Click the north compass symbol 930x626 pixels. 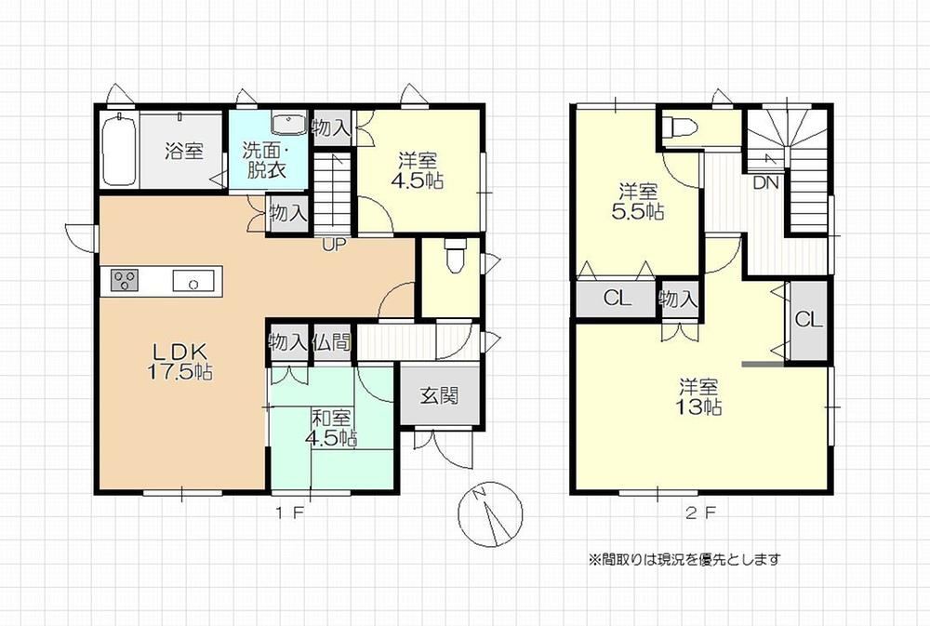[490, 513]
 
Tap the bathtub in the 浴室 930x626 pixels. [119, 150]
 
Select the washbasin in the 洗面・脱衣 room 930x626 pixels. [288, 124]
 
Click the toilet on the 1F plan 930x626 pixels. [455, 255]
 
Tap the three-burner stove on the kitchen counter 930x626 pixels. [124, 279]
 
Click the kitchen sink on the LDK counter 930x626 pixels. [193, 280]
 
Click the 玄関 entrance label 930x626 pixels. [440, 395]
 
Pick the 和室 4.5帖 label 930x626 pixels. [331, 428]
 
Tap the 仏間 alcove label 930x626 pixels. [332, 341]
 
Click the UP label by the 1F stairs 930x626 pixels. [333, 245]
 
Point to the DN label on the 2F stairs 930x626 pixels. [765, 182]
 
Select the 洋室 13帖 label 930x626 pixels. [699, 397]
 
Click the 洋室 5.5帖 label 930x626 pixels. [638, 202]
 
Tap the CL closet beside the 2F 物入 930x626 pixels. [618, 298]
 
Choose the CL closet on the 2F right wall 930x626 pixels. [809, 320]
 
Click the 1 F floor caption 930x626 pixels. [290, 513]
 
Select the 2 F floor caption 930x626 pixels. [701, 513]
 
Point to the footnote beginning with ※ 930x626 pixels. [684, 559]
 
